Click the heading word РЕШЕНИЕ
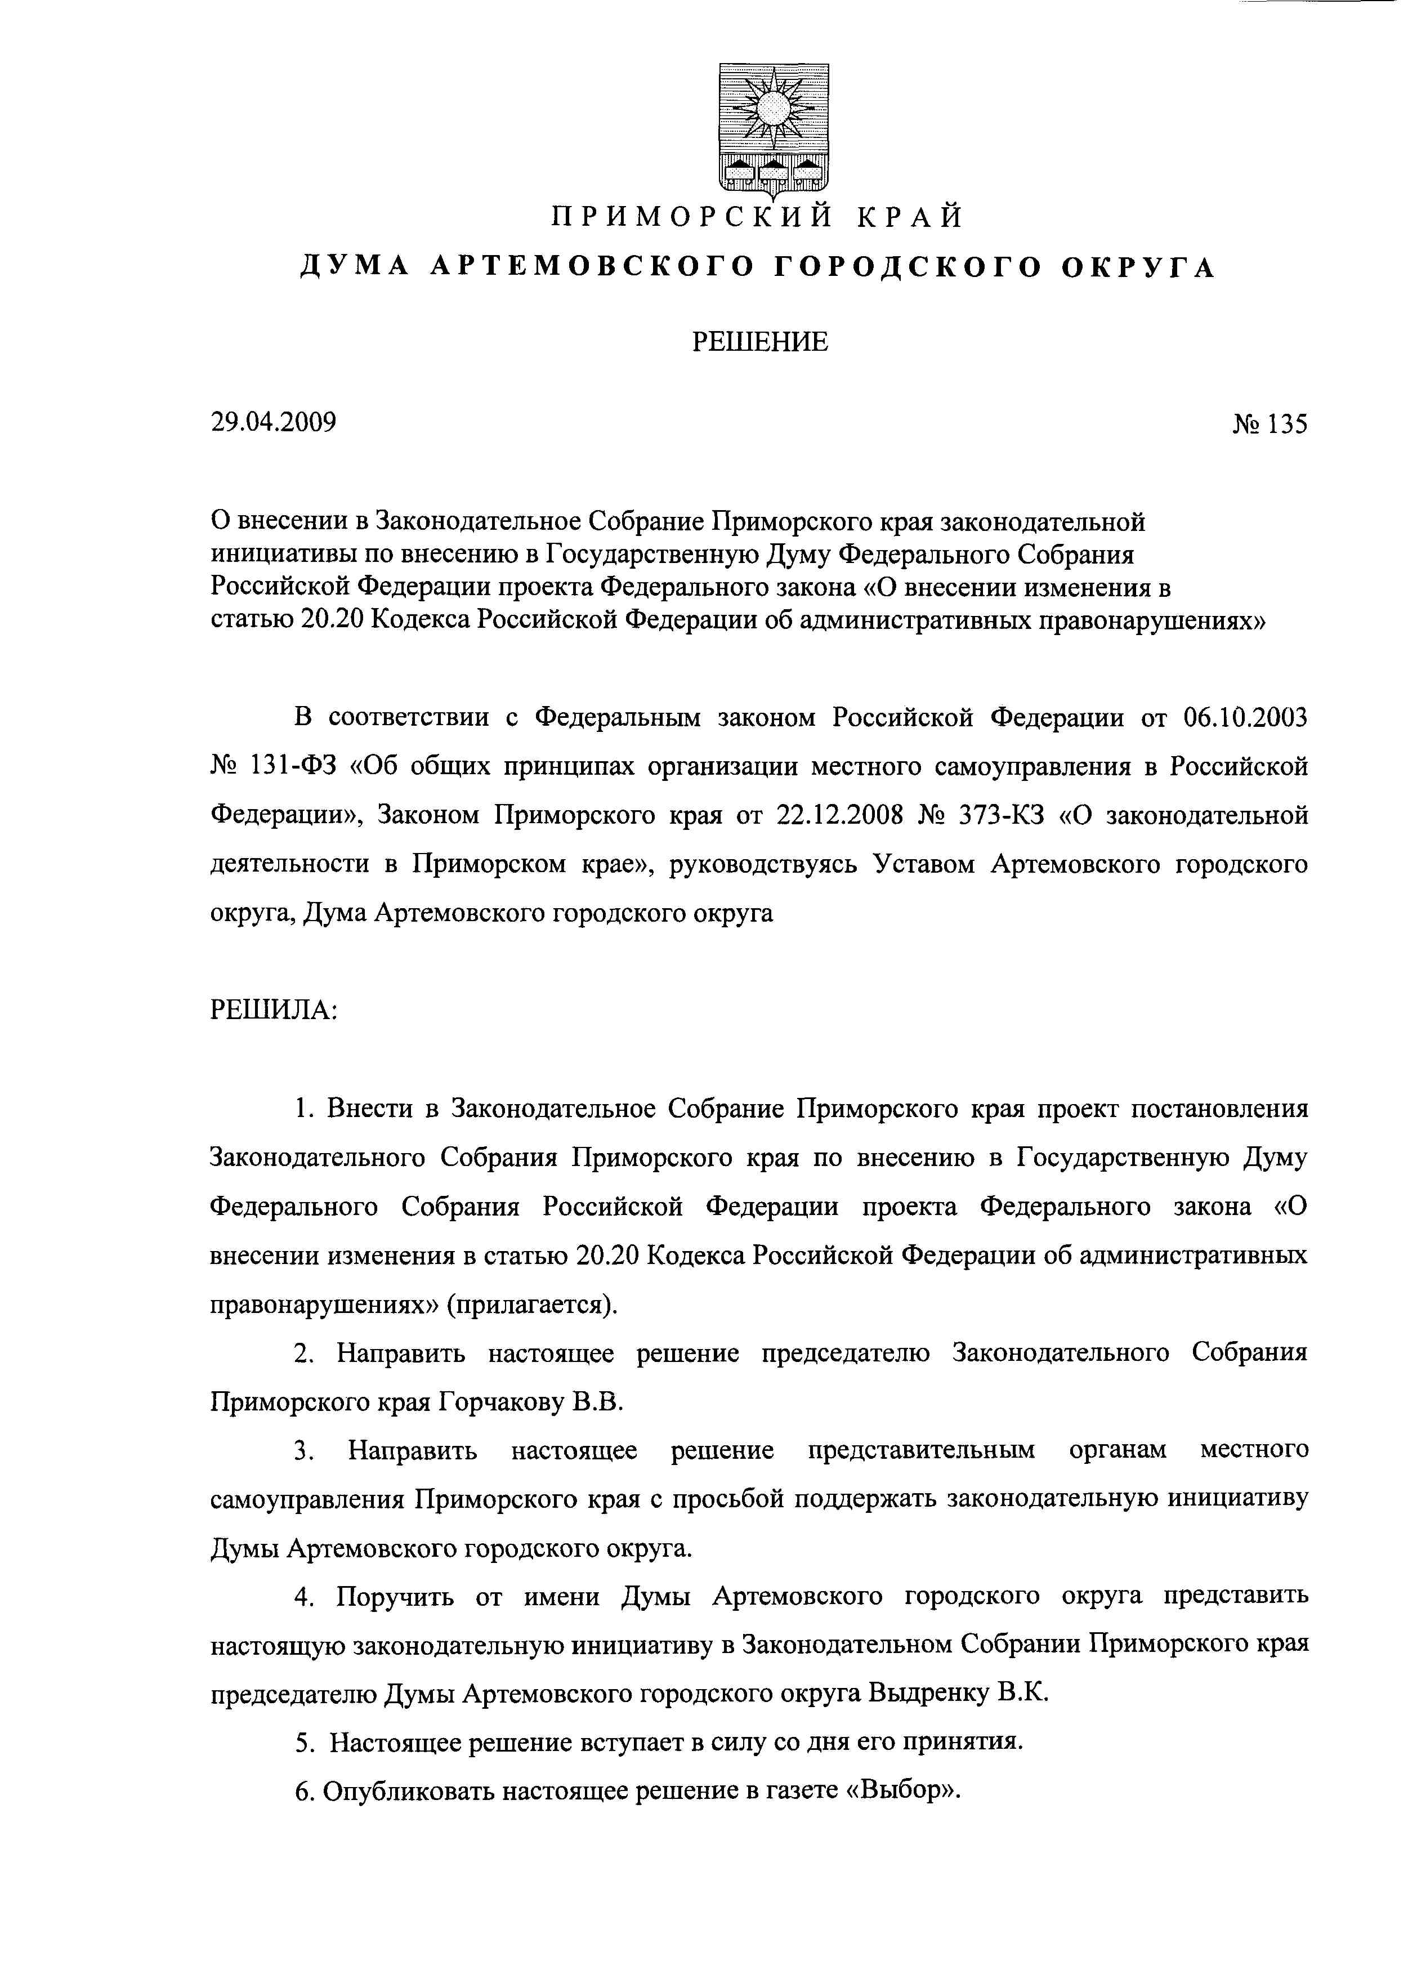pyautogui.click(x=760, y=342)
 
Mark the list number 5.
pyautogui.click(x=303, y=1743)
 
